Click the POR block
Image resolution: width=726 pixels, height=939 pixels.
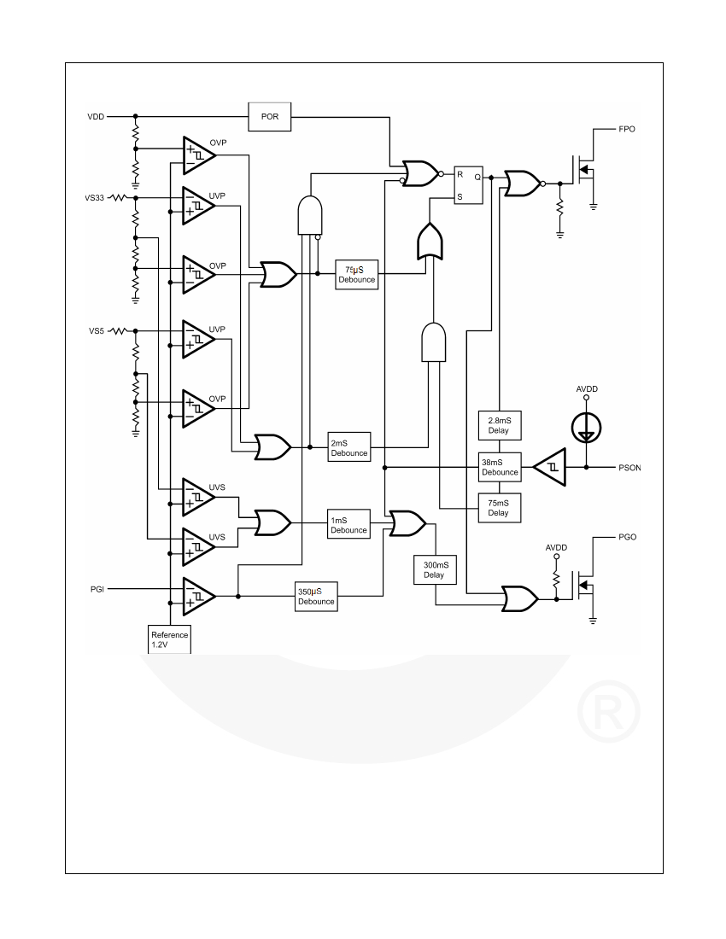pos(270,117)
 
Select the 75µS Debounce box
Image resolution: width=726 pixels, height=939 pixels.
pos(356,275)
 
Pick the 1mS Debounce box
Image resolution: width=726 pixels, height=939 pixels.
pos(349,525)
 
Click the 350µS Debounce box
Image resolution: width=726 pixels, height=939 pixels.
pos(316,597)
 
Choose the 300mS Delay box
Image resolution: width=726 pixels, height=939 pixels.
pos(436,570)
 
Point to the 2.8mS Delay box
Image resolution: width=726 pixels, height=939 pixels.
pos(500,426)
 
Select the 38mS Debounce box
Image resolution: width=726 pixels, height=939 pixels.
pos(500,467)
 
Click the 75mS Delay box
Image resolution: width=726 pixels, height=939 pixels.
pos(500,508)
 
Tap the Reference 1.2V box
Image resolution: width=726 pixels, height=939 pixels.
pos(169,639)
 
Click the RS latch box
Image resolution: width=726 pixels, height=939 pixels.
pos(468,185)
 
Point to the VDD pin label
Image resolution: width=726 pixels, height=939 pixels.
pos(96,117)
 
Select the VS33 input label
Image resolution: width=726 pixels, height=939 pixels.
pos(95,198)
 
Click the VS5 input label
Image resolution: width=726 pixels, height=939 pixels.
pos(97,330)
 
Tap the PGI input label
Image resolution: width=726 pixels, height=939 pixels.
pos(97,589)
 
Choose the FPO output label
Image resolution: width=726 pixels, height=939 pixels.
pos(627,129)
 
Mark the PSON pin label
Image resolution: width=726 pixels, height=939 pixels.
pos(629,468)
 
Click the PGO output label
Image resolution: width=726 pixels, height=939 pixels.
pos(627,537)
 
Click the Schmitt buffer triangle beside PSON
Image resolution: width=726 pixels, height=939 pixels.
pos(550,467)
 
